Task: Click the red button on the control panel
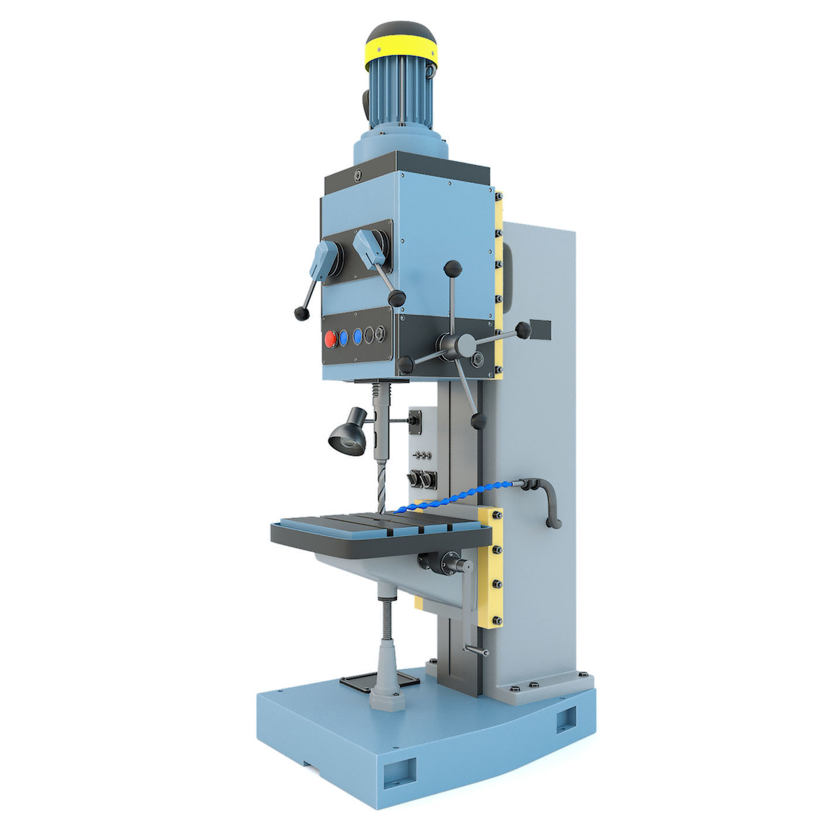pos(330,339)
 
